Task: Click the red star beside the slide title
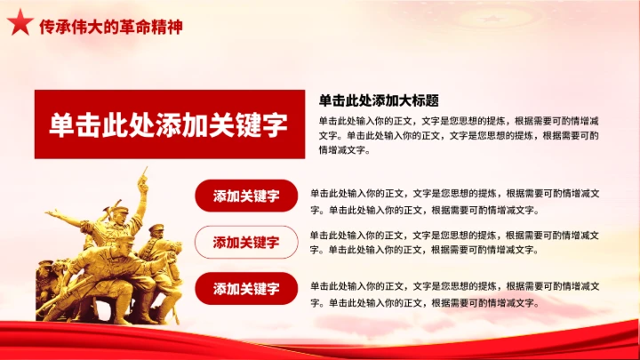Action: point(20,26)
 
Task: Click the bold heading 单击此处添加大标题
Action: point(379,100)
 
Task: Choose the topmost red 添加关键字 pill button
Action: point(246,196)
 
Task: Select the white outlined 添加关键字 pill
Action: point(246,242)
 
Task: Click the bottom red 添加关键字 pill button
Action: point(246,288)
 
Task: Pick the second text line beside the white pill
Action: point(425,250)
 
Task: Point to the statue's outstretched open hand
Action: point(52,213)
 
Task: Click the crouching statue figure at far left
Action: point(46,276)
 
